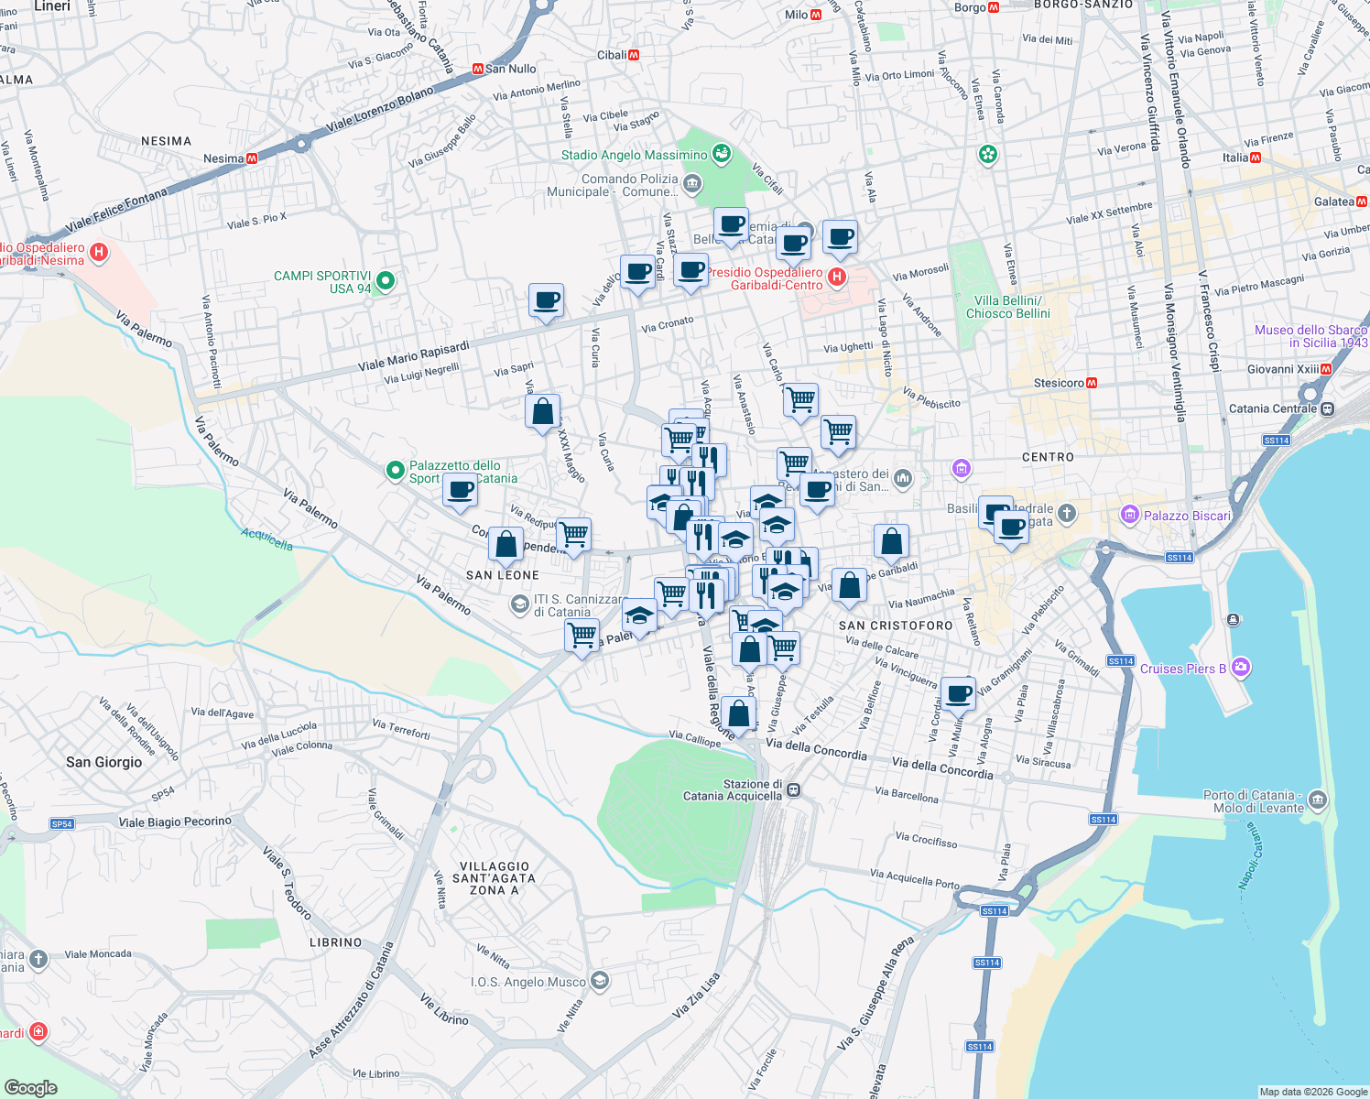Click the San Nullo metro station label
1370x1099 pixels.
coord(510,69)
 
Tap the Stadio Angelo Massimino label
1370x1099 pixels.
coord(634,155)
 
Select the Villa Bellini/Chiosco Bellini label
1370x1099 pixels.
coord(1007,307)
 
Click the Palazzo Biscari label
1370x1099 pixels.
coord(1186,516)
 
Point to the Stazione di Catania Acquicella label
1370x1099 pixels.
coord(733,790)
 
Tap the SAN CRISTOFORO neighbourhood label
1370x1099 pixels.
coord(896,626)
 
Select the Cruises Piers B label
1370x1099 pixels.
coord(1182,669)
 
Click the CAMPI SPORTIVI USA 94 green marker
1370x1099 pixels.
coord(386,280)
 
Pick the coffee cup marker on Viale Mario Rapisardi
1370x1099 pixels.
coord(546,300)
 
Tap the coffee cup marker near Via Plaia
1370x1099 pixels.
coord(958,693)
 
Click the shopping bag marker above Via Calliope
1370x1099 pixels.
coord(738,713)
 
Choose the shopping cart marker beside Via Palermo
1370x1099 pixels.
coord(582,634)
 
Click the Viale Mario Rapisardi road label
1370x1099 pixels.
coord(413,355)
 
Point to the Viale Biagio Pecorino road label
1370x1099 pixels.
coord(175,822)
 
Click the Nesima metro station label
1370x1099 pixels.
coord(223,158)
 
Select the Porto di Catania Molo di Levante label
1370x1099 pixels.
coord(1253,801)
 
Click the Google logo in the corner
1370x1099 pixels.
coord(31,1087)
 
